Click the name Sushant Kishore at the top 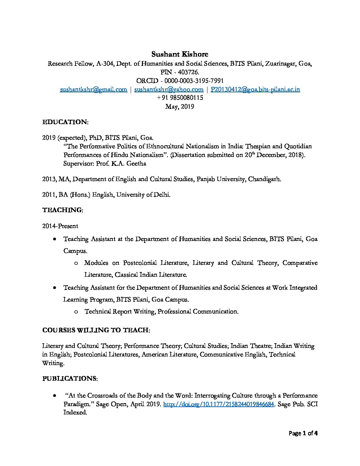coord(180,54)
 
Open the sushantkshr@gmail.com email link coord(94,89)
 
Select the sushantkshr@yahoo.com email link coord(169,89)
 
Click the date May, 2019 coord(180,107)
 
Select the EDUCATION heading coord(65,122)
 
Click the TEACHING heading coord(63,210)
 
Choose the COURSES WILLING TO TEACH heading coord(96,330)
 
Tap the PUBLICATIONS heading coord(70,378)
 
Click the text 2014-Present coord(60,226)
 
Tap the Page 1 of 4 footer coord(303,433)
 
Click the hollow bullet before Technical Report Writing coord(76,311)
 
